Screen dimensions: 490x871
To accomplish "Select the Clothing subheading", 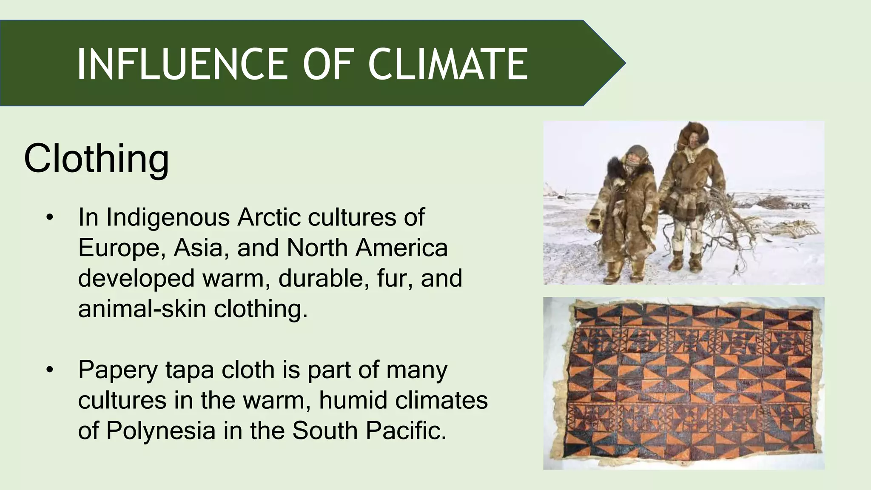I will (97, 158).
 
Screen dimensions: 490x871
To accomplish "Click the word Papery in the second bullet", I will (118, 370).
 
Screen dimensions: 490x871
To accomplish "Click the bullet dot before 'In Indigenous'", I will (50, 218).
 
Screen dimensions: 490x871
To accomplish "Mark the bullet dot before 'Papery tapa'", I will (50, 370).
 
